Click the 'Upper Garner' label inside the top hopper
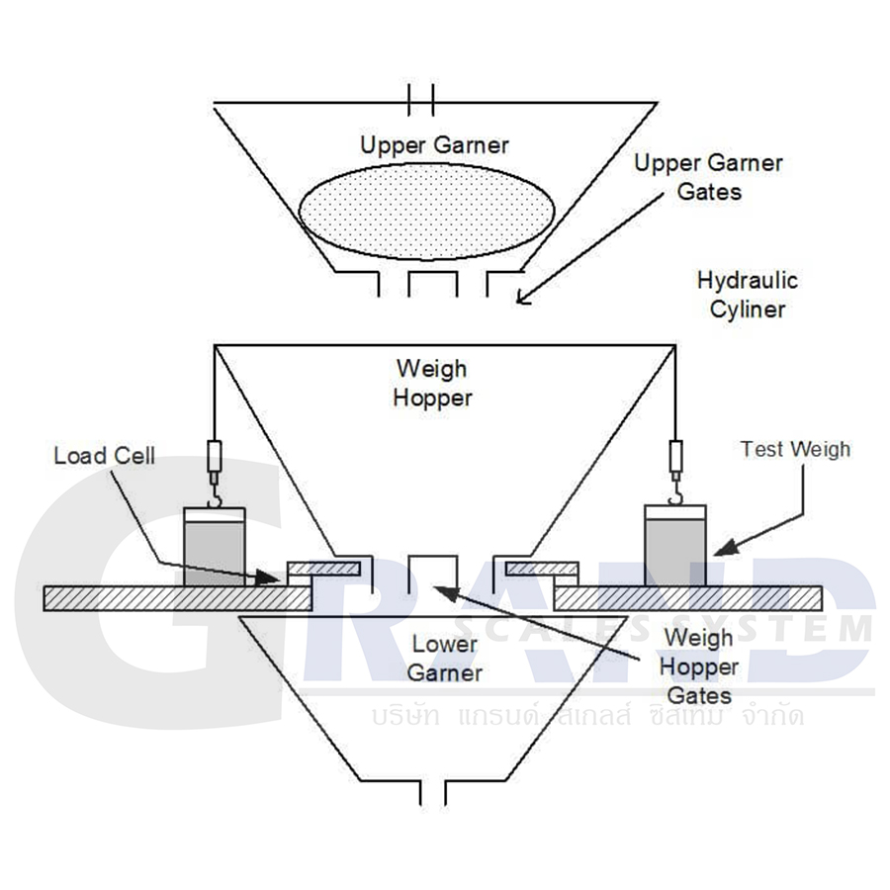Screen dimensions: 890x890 [x=434, y=145]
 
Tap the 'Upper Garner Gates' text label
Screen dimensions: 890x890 [x=708, y=176]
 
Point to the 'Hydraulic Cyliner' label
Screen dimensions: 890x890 [x=747, y=294]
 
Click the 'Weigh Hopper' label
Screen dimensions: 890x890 [x=432, y=383]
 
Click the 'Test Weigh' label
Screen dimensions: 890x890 [x=795, y=449]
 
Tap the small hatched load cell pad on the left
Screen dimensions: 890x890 [x=323, y=568]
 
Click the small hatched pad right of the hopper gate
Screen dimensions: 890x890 [x=542, y=568]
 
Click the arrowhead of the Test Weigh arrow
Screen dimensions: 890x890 [x=719, y=549]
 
